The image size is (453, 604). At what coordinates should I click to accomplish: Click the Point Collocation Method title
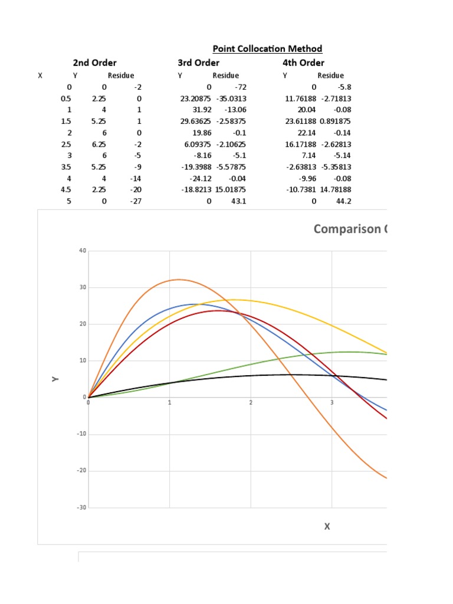coord(267,49)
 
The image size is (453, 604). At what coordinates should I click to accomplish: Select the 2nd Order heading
coord(94,63)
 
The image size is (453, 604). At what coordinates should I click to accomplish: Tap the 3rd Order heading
coord(198,63)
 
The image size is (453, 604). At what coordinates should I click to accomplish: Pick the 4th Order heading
coord(303,63)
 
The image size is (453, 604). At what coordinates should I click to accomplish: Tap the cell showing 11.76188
coord(300,99)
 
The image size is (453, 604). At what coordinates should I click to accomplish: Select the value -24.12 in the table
coord(198,178)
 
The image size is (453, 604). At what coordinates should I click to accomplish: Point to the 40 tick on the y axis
coord(83,251)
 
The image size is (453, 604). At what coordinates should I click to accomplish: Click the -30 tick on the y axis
coord(81,508)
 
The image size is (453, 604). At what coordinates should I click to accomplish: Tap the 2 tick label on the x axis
coord(251,403)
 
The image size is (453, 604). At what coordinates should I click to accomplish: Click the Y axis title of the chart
coord(55,379)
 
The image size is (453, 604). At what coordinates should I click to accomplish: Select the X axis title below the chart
coord(327,526)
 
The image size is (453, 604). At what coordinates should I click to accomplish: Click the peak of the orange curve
coord(179,280)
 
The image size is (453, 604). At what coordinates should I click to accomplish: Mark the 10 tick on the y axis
coord(83,361)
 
